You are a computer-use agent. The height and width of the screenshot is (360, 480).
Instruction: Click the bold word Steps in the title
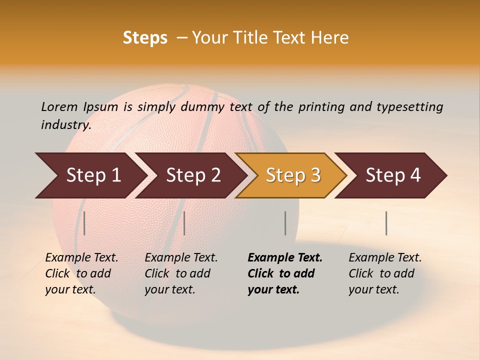click(145, 38)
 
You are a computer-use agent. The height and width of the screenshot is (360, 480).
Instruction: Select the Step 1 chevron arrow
click(90, 175)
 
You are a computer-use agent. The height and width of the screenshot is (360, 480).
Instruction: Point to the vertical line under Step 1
click(84, 223)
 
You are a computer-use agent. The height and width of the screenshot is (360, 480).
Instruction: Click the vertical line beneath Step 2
click(184, 223)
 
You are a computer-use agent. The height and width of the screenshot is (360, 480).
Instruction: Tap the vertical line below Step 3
click(285, 223)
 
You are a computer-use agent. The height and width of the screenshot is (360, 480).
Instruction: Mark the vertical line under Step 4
click(386, 223)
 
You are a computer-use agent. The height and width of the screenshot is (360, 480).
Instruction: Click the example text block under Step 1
click(81, 273)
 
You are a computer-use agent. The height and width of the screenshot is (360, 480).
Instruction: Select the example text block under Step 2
click(180, 273)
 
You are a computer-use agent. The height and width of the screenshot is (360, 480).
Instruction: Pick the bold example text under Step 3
click(284, 273)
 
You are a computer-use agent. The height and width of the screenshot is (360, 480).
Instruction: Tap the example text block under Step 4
click(384, 273)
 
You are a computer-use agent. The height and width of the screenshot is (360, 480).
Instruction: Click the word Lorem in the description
click(59, 106)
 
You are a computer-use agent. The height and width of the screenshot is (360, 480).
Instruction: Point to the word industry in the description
click(65, 125)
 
